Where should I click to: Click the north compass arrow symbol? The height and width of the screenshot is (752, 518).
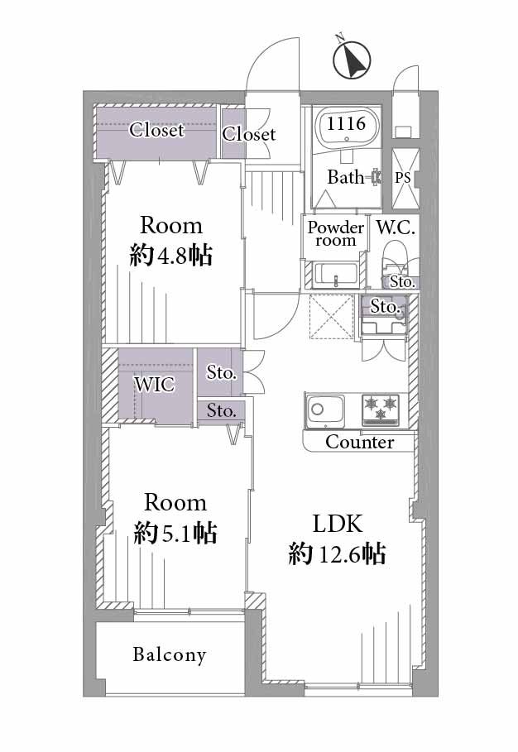tap(352, 59)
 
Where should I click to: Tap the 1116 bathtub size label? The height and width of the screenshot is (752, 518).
tap(346, 124)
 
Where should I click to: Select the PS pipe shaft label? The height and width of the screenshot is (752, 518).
tap(403, 178)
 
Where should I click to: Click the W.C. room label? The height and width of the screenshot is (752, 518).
tap(396, 228)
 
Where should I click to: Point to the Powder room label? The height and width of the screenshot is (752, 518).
tap(336, 233)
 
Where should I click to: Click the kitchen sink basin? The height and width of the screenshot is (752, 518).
tap(324, 410)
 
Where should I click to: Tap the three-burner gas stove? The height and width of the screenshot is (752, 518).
tap(381, 410)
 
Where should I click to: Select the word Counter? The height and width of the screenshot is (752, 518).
tap(360, 443)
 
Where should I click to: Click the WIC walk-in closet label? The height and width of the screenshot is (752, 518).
tap(155, 385)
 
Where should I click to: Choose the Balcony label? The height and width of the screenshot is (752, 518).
tap(170, 654)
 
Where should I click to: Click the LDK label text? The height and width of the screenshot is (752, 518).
tap(338, 524)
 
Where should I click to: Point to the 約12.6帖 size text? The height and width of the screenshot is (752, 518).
tap(337, 554)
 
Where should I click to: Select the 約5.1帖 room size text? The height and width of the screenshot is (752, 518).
tap(175, 533)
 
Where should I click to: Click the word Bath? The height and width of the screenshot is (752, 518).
tap(346, 177)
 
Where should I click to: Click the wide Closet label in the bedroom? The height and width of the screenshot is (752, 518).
tap(157, 130)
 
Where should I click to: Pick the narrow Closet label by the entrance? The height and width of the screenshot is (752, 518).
tap(248, 134)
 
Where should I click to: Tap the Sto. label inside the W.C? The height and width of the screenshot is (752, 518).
tap(402, 281)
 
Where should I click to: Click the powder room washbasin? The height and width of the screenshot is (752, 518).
tap(336, 275)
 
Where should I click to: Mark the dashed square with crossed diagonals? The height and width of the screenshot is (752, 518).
tap(332, 317)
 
